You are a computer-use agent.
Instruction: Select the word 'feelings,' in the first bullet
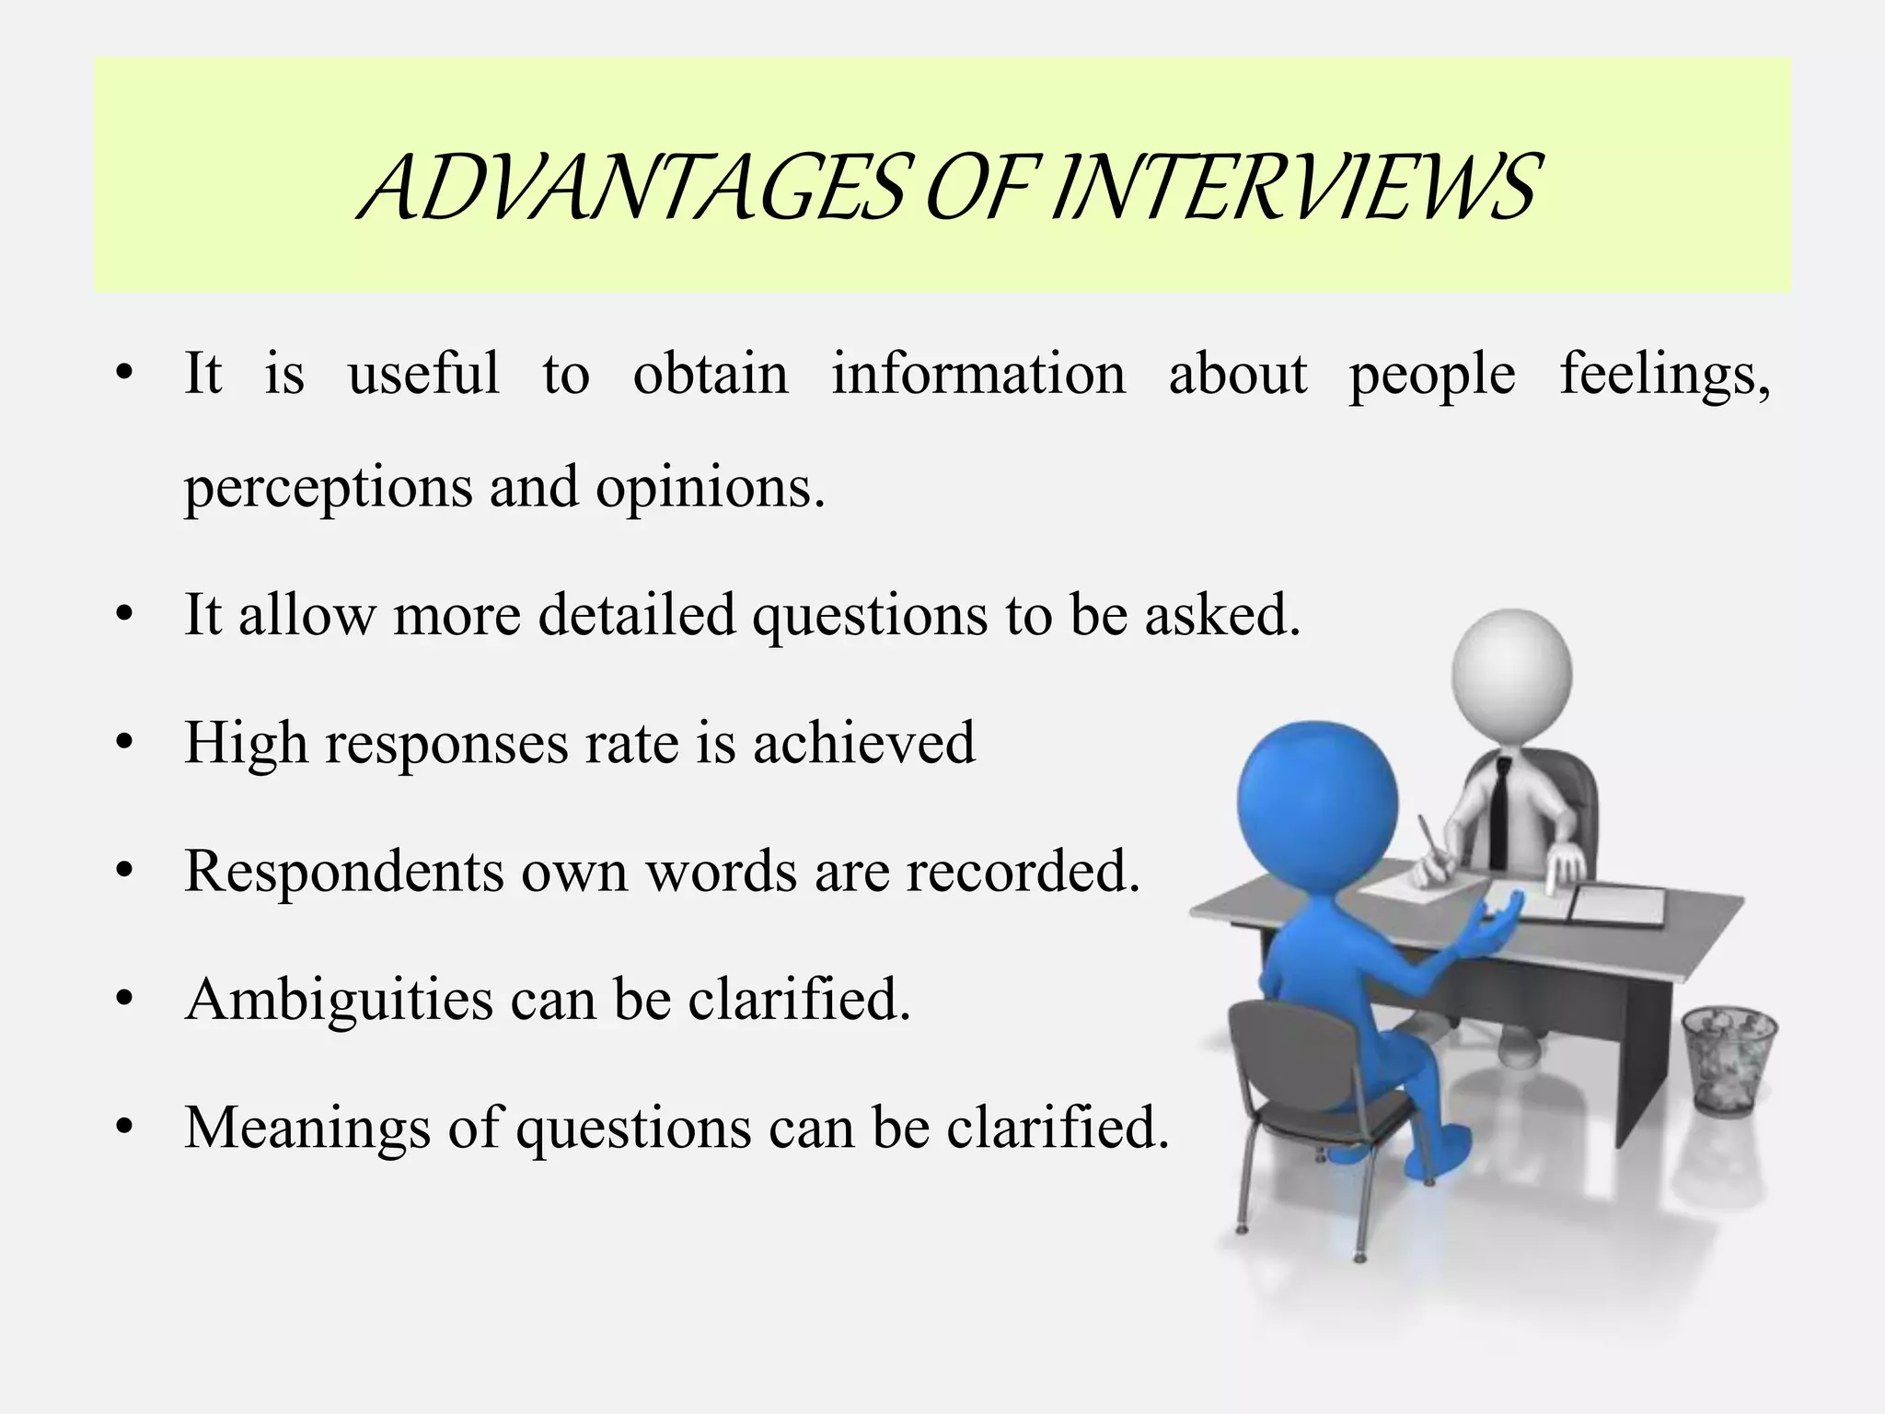pyautogui.click(x=1664, y=376)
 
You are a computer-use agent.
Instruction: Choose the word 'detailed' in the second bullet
pyautogui.click(x=636, y=614)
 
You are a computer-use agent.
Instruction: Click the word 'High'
pyautogui.click(x=246, y=744)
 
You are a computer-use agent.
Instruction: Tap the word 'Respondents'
pyautogui.click(x=344, y=872)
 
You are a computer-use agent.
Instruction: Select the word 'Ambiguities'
pyautogui.click(x=339, y=999)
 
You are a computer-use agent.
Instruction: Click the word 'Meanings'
pyautogui.click(x=307, y=1128)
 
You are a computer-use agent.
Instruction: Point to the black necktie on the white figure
pyautogui.click(x=1500, y=810)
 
